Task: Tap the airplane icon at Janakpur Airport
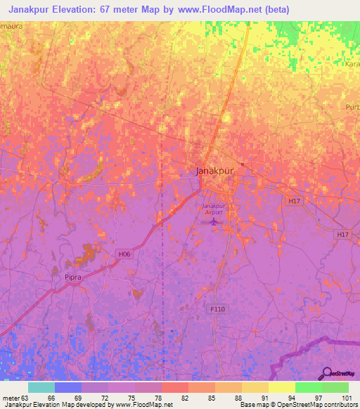tap(213, 222)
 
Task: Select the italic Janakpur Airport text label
tap(212, 209)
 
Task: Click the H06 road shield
tap(124, 254)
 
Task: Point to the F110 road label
tap(218, 309)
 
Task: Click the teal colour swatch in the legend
tap(41, 387)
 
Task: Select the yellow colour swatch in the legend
tap(281, 387)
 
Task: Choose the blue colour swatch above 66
tap(67, 387)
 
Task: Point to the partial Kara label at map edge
tap(352, 64)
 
